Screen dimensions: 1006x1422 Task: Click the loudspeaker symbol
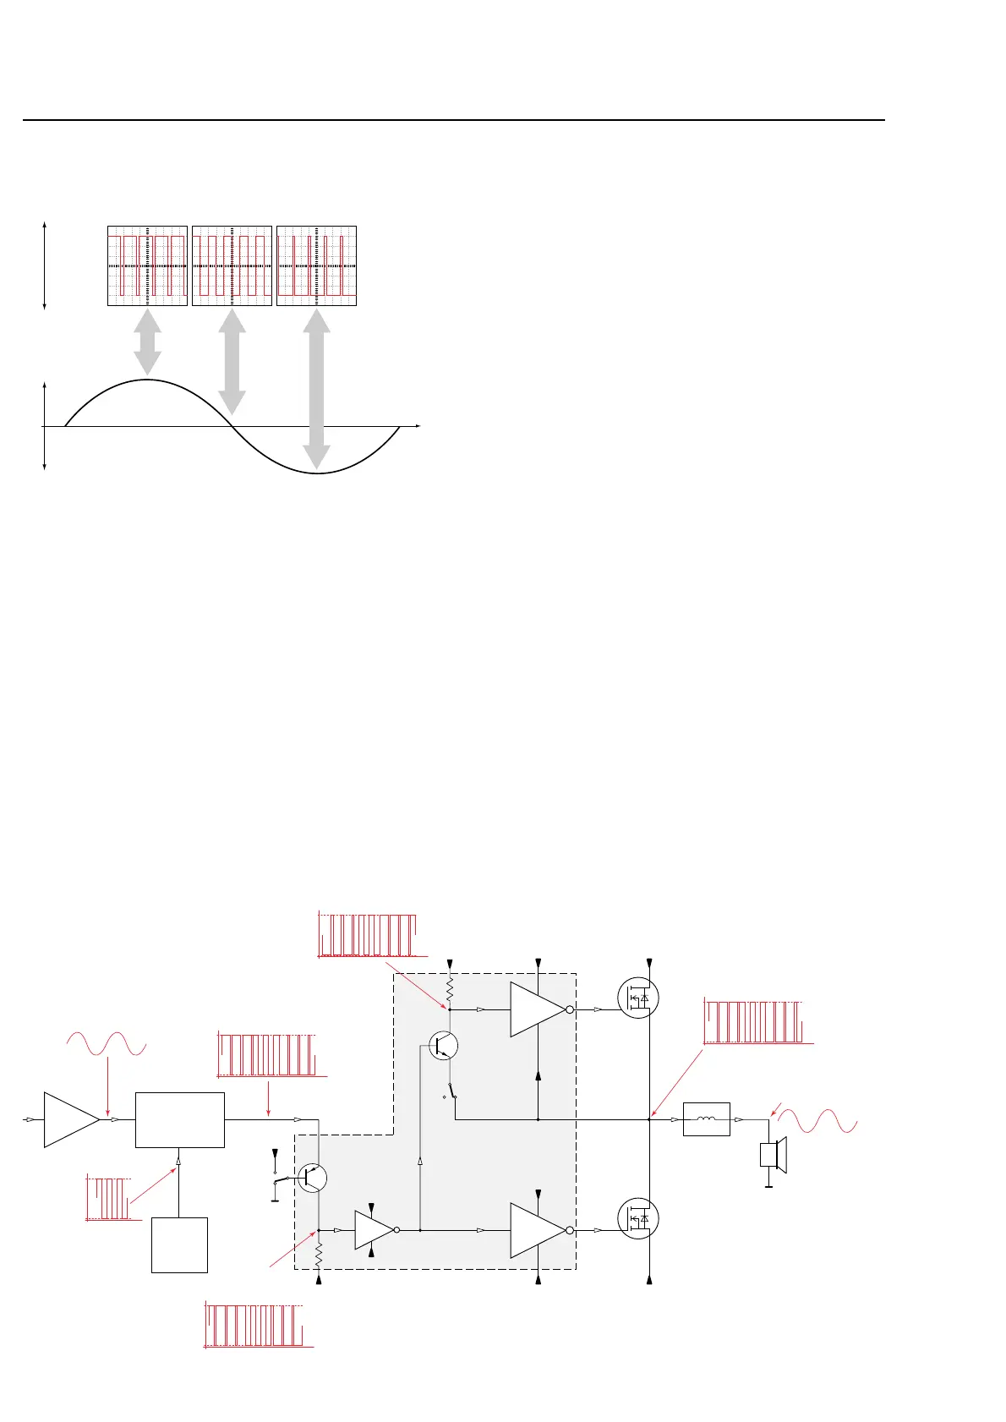774,1155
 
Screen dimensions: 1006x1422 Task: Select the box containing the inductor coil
706,1119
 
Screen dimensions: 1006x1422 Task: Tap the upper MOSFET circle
637,998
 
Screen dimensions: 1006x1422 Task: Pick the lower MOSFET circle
637,1219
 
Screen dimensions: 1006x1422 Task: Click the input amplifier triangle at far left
69,1119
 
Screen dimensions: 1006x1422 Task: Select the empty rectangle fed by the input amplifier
180,1119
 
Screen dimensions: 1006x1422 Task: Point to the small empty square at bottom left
179,1244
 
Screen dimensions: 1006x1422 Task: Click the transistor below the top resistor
443,1046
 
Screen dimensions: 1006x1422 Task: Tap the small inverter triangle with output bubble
375,1230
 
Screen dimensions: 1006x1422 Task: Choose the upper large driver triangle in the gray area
536,1009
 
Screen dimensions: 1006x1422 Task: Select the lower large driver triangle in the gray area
536,1230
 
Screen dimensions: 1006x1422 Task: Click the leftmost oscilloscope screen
147,265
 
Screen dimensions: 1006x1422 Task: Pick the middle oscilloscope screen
232,265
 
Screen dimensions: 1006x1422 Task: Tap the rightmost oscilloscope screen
316,265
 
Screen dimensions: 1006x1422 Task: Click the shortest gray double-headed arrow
147,342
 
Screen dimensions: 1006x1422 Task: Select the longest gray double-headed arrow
316,389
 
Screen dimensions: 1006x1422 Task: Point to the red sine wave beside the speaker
817,1121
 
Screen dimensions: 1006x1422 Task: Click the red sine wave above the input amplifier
107,1044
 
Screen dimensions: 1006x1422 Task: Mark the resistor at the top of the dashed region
450,987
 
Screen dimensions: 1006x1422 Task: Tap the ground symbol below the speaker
768,1185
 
